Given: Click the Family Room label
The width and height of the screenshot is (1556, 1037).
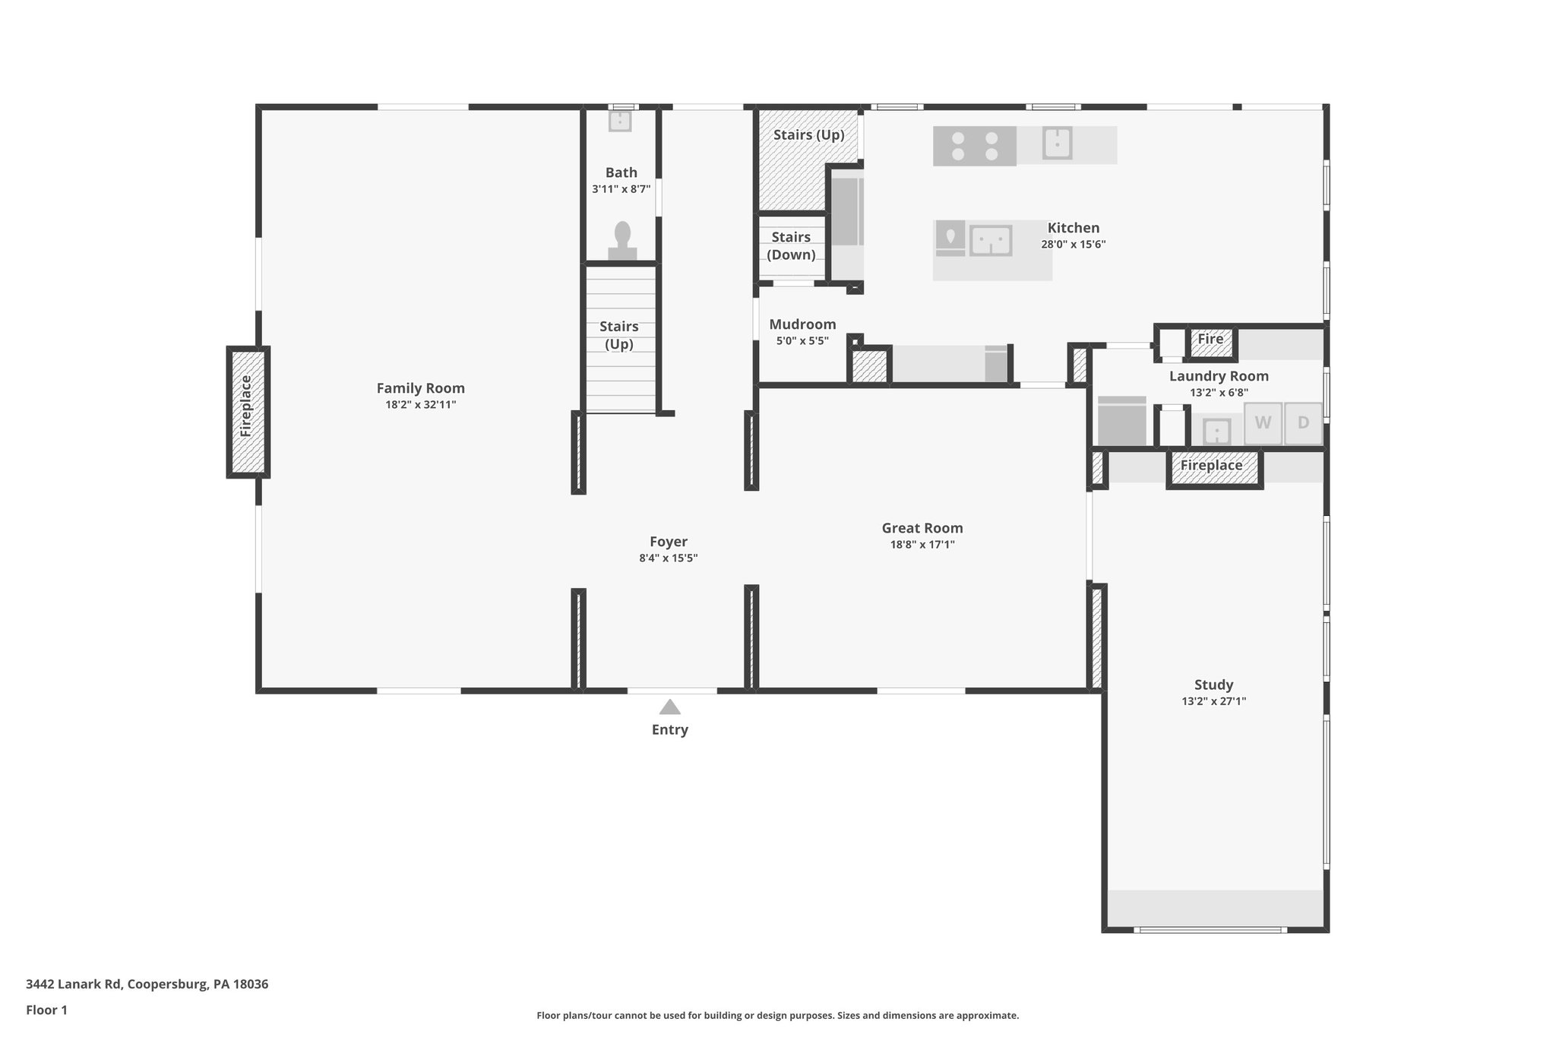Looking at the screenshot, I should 420,388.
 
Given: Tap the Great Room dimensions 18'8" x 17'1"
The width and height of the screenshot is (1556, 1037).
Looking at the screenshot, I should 922,545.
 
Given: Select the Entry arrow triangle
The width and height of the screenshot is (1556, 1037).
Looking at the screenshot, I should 669,707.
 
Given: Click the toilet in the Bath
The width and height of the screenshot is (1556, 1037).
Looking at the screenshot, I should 622,241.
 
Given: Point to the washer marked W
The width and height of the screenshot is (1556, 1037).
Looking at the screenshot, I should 1263,423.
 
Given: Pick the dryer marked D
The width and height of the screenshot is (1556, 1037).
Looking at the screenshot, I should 1303,423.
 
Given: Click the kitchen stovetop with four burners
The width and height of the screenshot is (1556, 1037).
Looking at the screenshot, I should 975,146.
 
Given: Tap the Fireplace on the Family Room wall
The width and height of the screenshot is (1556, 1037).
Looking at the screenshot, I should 248,412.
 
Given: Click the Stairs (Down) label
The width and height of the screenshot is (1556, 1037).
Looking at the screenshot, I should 791,245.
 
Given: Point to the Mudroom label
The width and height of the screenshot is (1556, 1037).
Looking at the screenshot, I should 802,324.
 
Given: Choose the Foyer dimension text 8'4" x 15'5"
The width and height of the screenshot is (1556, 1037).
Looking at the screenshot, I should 668,558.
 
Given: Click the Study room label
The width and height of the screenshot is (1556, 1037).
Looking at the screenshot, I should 1213,684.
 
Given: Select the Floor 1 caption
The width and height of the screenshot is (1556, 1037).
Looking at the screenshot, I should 46,1010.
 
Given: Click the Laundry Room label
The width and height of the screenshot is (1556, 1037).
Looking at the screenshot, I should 1218,376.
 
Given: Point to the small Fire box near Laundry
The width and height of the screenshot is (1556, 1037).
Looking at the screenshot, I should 1211,340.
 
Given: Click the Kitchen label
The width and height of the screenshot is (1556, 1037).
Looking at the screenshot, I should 1073,228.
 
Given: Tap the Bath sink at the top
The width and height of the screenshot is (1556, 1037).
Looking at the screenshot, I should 620,121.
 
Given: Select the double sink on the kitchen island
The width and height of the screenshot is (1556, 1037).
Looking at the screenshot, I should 991,241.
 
